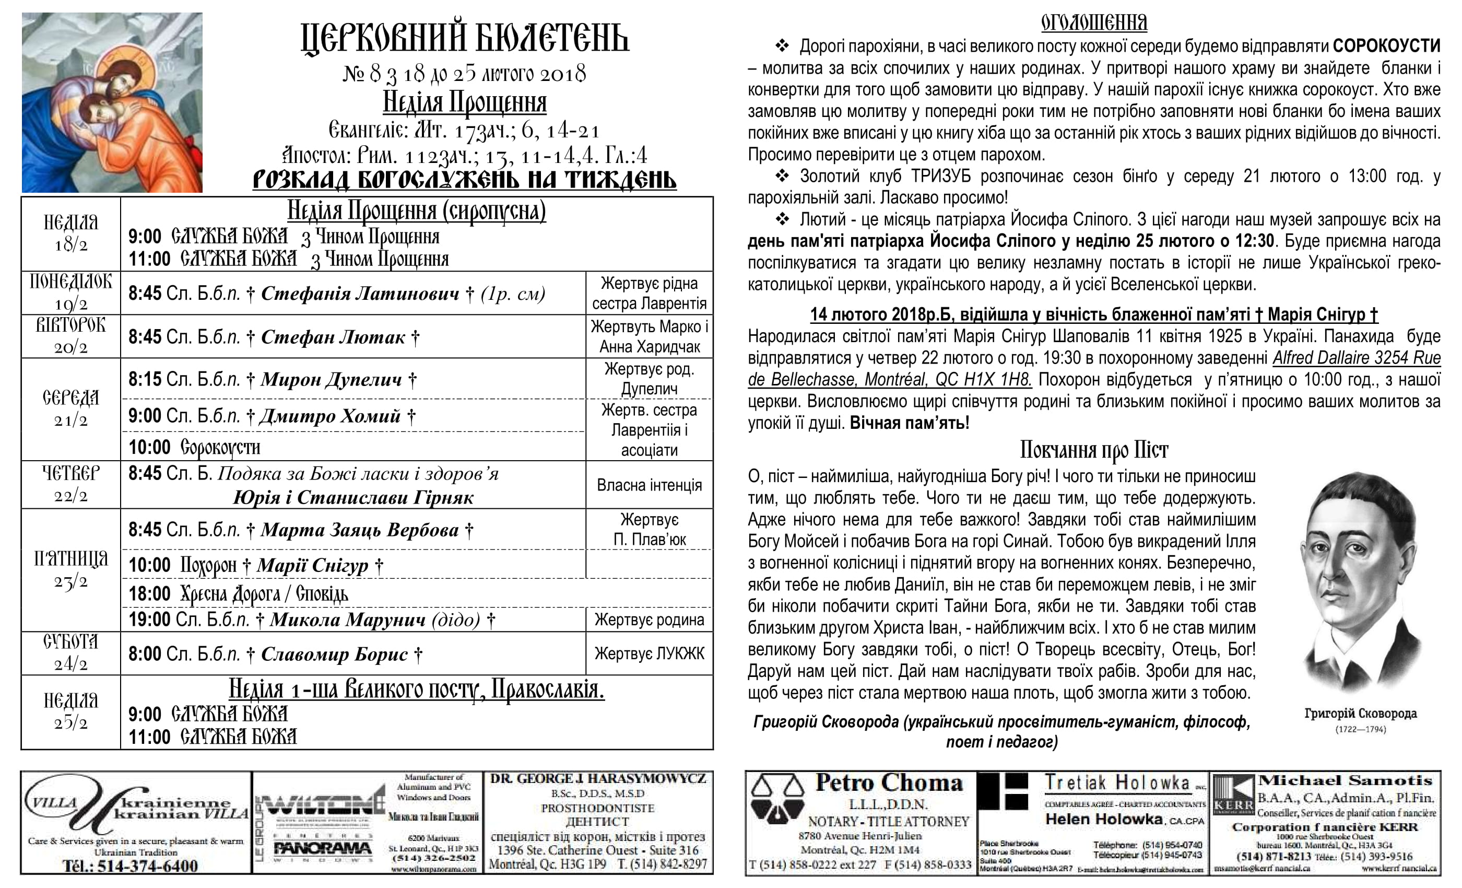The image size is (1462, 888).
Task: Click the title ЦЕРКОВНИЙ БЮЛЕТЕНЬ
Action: point(465,39)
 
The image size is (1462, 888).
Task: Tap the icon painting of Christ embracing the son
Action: point(112,103)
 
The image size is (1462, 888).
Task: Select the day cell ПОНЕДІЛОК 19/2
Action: point(70,293)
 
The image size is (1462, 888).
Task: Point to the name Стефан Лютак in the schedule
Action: point(333,337)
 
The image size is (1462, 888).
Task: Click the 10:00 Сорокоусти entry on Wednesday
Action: point(195,447)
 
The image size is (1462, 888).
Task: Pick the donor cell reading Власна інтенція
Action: point(649,485)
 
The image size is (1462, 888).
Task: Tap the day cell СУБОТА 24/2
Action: point(70,653)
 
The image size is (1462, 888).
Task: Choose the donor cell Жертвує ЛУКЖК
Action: point(649,653)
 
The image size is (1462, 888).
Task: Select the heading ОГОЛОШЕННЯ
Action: point(1093,22)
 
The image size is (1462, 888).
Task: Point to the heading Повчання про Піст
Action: point(1093,450)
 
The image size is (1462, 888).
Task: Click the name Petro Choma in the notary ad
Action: point(888,783)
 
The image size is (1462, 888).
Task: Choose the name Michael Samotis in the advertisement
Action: point(1345,780)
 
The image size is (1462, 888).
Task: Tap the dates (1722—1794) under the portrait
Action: point(1360,730)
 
